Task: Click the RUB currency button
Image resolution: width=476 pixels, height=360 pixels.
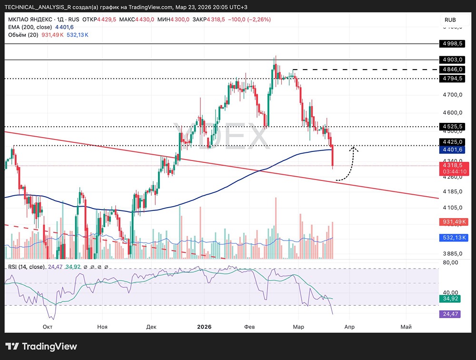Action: (450, 20)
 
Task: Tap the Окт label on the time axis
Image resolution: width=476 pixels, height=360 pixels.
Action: (47, 327)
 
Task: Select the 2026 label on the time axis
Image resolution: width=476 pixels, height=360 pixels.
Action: (204, 327)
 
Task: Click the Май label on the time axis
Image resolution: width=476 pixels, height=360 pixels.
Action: (406, 327)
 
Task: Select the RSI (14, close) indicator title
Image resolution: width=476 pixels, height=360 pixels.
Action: (26, 267)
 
